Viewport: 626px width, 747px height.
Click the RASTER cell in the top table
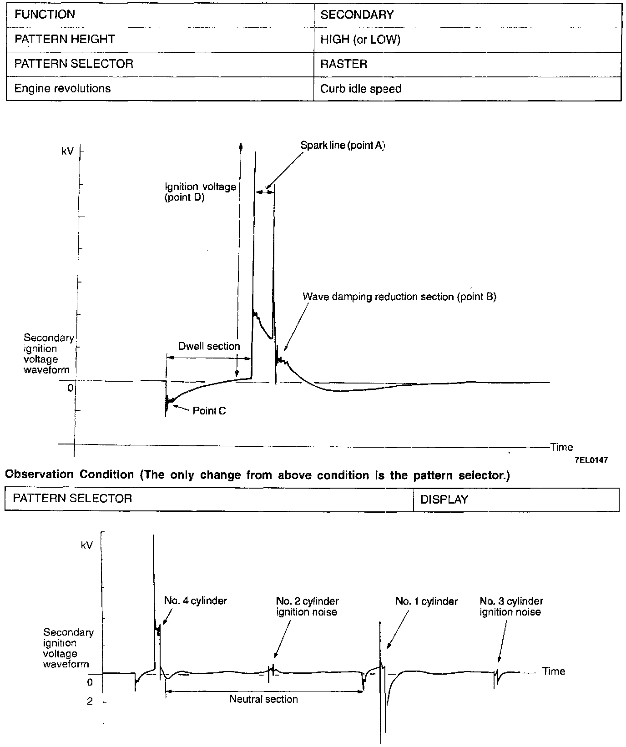[x=343, y=64]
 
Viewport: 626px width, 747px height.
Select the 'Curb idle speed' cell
[x=361, y=89]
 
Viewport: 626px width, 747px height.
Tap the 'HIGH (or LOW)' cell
[x=360, y=40]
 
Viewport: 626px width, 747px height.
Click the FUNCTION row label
[x=45, y=15]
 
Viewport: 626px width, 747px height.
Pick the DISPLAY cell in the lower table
[x=444, y=500]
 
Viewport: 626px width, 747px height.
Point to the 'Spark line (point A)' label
[x=343, y=146]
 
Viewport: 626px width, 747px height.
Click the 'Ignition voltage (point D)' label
[x=200, y=192]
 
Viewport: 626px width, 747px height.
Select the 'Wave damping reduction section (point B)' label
[x=399, y=297]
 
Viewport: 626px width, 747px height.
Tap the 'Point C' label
[x=209, y=411]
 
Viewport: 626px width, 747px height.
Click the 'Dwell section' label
[x=209, y=346]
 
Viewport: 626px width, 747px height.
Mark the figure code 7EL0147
[x=591, y=460]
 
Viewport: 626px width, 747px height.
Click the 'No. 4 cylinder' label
[x=195, y=601]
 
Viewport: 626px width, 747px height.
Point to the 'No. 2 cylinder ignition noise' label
[x=307, y=606]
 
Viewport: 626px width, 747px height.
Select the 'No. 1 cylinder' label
[x=426, y=601]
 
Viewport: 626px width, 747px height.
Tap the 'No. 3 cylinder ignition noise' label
[x=511, y=606]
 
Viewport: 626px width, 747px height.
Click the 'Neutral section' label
[x=263, y=699]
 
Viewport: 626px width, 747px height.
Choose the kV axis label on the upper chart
[x=67, y=151]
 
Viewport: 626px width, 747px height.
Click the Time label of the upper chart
[x=561, y=447]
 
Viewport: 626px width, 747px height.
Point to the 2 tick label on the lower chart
[x=90, y=702]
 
